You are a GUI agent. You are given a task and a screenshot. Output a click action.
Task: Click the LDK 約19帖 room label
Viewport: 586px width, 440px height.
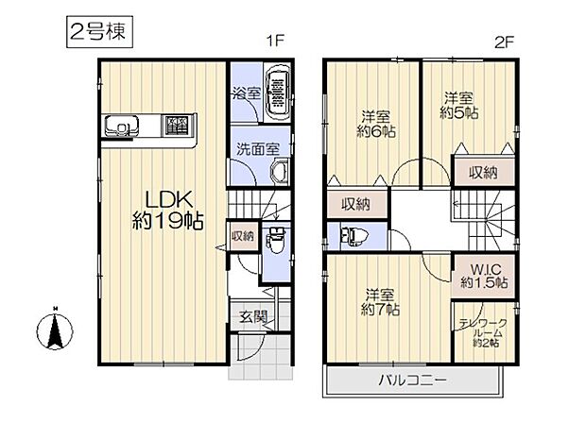(168, 210)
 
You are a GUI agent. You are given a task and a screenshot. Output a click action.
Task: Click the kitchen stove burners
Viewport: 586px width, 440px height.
(175, 125)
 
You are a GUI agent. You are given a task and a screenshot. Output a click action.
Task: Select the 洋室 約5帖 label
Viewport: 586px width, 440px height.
(460, 103)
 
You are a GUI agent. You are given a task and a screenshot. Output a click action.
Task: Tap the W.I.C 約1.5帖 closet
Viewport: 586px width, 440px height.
(485, 274)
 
